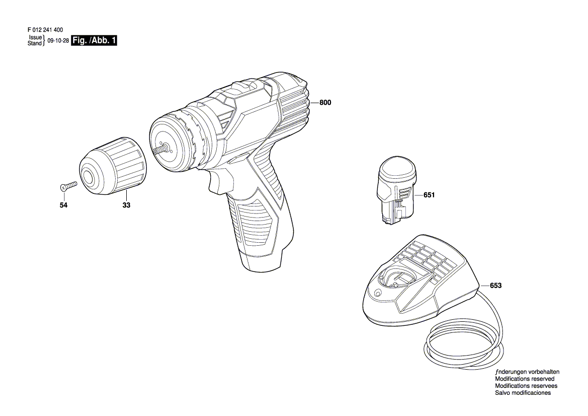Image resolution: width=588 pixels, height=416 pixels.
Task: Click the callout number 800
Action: point(325,103)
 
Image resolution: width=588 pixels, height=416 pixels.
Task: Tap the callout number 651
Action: point(429,195)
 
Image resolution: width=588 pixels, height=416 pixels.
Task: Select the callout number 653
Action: point(496,286)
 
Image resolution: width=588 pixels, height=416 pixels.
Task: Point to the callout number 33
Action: point(126,205)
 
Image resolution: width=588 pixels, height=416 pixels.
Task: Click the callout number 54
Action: point(64,205)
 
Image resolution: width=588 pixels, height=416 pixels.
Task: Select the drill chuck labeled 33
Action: point(113,166)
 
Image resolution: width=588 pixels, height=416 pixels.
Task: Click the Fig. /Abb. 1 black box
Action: point(94,41)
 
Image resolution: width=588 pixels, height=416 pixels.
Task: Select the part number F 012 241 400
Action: point(45,30)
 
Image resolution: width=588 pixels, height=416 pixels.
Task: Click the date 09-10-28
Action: point(58,41)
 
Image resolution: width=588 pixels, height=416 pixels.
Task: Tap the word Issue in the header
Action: point(35,38)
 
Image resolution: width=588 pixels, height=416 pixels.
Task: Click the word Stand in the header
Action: point(35,43)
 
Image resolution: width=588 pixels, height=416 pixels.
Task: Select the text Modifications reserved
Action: point(525,379)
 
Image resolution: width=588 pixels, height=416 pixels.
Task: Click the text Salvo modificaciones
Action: point(523,393)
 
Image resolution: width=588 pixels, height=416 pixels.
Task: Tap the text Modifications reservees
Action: point(526,386)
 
